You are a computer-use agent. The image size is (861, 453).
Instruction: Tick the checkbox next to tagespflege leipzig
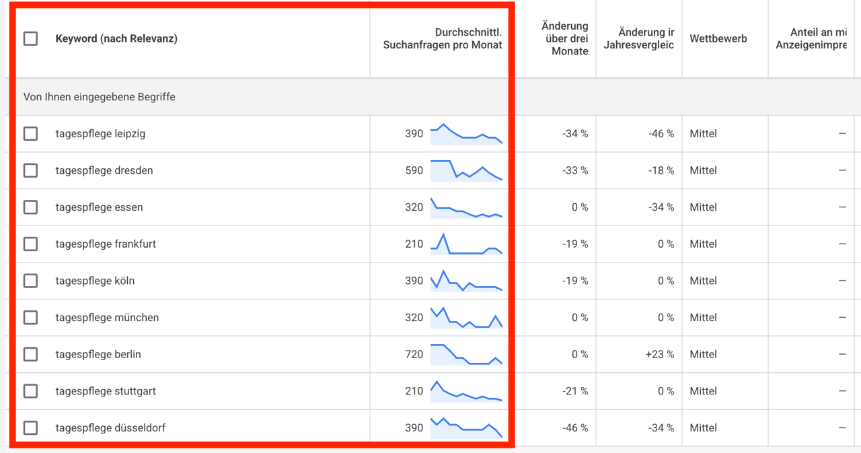pyautogui.click(x=30, y=134)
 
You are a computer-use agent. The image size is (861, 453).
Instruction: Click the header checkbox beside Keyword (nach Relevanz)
pyautogui.click(x=30, y=38)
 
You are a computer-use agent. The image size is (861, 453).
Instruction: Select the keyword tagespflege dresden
pyautogui.click(x=104, y=170)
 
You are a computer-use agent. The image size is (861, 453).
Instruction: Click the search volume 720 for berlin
pyautogui.click(x=414, y=354)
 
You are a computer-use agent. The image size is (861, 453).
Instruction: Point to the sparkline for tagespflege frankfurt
pyautogui.click(x=466, y=244)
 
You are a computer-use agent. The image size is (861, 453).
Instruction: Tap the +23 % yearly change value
pyautogui.click(x=660, y=354)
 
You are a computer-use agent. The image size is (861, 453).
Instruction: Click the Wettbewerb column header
pyautogui.click(x=718, y=38)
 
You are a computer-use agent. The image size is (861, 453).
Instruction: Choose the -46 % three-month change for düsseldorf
pyautogui.click(x=575, y=427)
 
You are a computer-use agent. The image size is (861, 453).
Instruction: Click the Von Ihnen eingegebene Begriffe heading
pyautogui.click(x=99, y=97)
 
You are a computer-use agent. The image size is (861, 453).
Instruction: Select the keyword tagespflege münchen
pyautogui.click(x=107, y=318)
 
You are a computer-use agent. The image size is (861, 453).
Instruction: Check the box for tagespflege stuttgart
pyautogui.click(x=30, y=391)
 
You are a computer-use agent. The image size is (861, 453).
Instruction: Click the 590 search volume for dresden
pyautogui.click(x=414, y=170)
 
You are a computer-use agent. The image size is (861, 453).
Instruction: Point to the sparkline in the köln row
pyautogui.click(x=466, y=281)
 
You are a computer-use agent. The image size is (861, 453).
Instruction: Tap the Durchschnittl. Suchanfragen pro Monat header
pyautogui.click(x=443, y=38)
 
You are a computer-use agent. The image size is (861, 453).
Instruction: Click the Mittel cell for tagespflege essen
pyautogui.click(x=703, y=207)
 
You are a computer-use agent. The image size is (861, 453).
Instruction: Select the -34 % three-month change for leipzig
pyautogui.click(x=575, y=134)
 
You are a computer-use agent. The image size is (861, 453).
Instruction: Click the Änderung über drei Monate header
pyautogui.click(x=564, y=38)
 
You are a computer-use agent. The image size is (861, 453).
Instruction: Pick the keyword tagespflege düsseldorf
pyautogui.click(x=110, y=427)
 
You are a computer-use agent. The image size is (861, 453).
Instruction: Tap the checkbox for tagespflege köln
pyautogui.click(x=30, y=281)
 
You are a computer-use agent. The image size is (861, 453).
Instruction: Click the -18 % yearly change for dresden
pyautogui.click(x=661, y=170)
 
